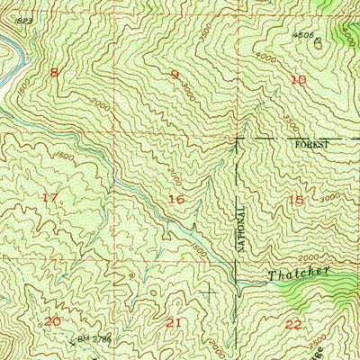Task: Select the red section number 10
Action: click(x=299, y=80)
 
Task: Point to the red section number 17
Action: click(x=50, y=197)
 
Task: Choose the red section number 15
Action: click(x=296, y=200)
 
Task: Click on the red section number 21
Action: click(x=174, y=321)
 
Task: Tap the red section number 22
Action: click(x=293, y=323)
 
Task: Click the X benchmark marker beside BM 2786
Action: click(x=72, y=341)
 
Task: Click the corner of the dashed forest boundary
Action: click(x=237, y=139)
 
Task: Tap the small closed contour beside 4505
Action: click(x=319, y=51)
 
